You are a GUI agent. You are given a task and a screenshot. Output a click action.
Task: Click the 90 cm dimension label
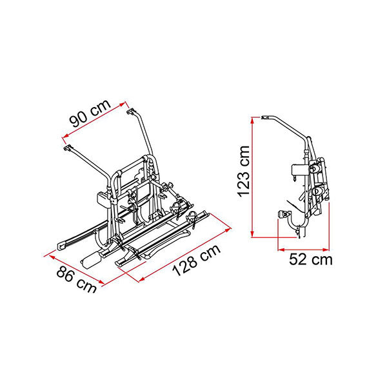pyautogui.click(x=90, y=114)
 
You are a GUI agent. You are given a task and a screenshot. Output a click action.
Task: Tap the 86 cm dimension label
pyautogui.click(x=77, y=280)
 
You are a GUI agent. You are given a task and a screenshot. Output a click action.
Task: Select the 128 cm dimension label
pyautogui.click(x=196, y=260)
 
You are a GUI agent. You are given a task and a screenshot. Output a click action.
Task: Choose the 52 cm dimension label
pyautogui.click(x=311, y=260)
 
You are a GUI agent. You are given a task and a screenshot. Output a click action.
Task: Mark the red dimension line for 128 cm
pyautogui.click(x=185, y=255)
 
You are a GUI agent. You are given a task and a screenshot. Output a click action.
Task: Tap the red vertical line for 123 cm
pyautogui.click(x=252, y=177)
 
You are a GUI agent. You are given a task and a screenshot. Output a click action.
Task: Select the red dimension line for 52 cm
pyautogui.click(x=304, y=250)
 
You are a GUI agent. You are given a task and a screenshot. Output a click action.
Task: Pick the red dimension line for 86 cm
pyautogui.click(x=77, y=270)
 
